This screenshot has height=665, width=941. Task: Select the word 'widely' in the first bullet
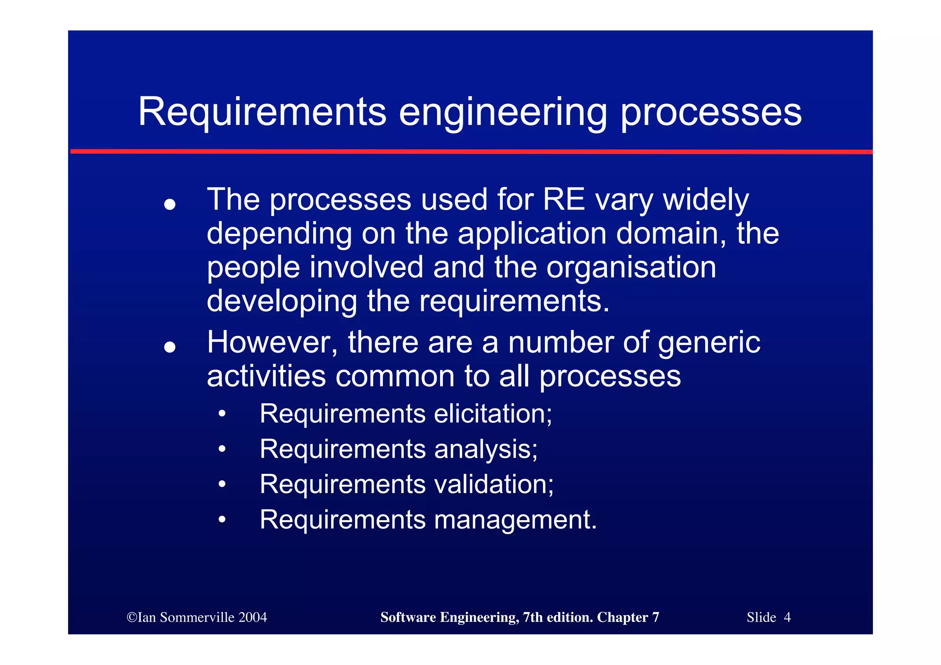pyautogui.click(x=706, y=201)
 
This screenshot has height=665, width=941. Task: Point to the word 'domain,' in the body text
pyautogui.click(x=671, y=234)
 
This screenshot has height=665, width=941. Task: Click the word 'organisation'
pyautogui.click(x=631, y=267)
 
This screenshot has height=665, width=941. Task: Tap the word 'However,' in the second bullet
pyautogui.click(x=272, y=343)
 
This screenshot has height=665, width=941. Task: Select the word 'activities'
pyautogui.click(x=266, y=376)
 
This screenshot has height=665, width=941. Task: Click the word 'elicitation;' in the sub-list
pyautogui.click(x=493, y=414)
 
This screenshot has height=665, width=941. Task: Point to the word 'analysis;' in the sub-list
pyautogui.click(x=486, y=449)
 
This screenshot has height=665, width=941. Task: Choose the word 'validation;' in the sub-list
pyautogui.click(x=494, y=484)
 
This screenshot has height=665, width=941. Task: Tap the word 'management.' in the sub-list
pyautogui.click(x=516, y=520)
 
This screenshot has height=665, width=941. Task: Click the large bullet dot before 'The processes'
pyautogui.click(x=170, y=204)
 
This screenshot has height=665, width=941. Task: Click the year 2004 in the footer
pyautogui.click(x=252, y=617)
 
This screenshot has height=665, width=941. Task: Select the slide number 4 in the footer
pyautogui.click(x=787, y=617)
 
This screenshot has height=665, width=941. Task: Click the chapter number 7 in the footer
pyautogui.click(x=655, y=617)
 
